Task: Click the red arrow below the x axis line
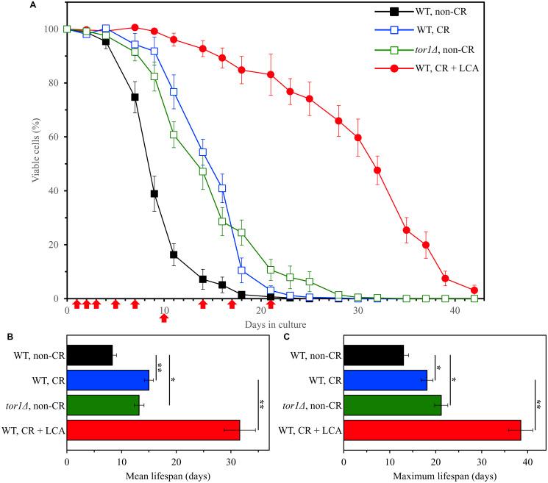[164, 317]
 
